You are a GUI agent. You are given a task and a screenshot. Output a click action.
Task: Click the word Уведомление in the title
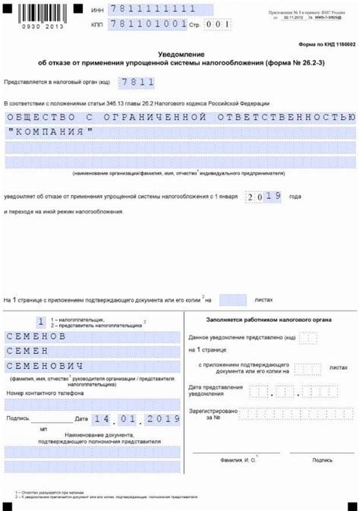tap(179, 55)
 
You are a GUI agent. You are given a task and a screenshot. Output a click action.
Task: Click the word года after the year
tap(295, 197)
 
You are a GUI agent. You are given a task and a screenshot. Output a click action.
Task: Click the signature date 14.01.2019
tap(134, 418)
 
